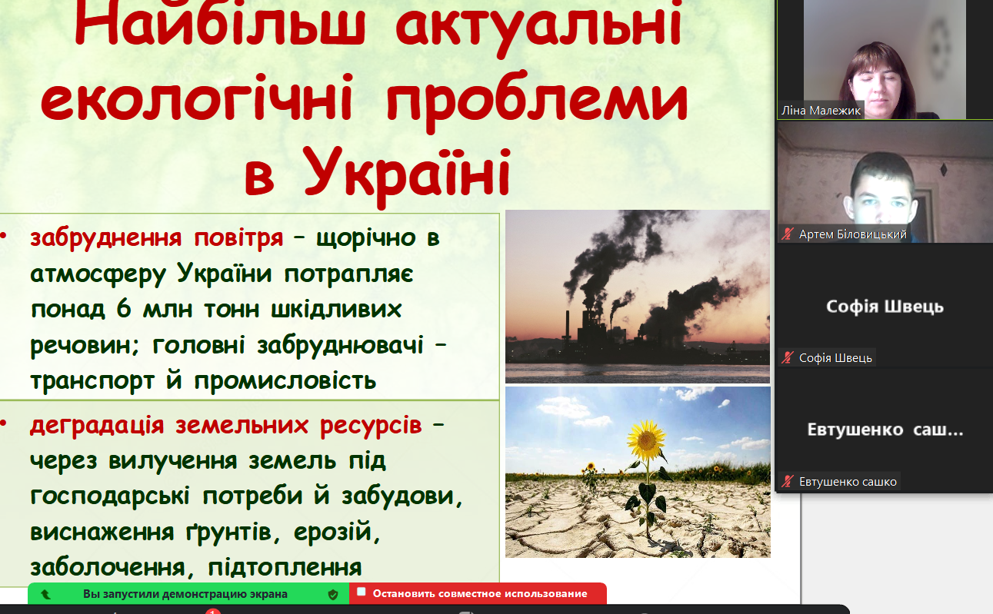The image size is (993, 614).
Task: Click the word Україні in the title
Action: point(407,173)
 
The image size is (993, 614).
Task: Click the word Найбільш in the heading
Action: point(220,22)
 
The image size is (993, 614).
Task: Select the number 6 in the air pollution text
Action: point(124,308)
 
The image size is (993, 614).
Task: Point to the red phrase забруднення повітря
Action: point(156,239)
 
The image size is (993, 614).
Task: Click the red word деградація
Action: point(97,425)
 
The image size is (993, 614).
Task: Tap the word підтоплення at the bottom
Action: point(285,567)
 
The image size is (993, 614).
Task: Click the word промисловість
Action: point(285,381)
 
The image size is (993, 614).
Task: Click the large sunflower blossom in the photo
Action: point(646,439)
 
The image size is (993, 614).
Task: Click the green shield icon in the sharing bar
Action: point(333,595)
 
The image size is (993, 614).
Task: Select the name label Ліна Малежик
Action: point(821,111)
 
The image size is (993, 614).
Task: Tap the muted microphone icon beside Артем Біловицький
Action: point(788,234)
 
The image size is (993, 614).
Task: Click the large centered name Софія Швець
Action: point(885,307)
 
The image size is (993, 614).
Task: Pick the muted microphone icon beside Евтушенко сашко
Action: point(788,481)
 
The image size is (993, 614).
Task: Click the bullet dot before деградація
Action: point(4,424)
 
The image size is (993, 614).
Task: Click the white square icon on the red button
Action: point(362,592)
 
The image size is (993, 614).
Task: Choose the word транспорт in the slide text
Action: point(92,381)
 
